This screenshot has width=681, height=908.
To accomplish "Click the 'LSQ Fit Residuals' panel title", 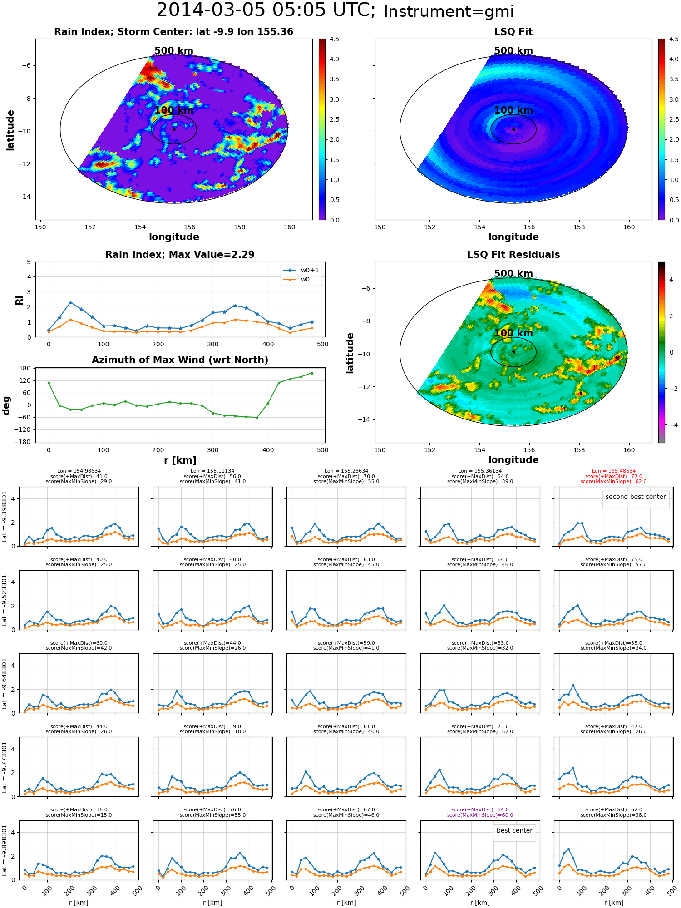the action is (x=513, y=255).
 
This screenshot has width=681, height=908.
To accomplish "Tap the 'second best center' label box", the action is (x=636, y=497).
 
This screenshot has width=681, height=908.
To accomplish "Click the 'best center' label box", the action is (x=514, y=830).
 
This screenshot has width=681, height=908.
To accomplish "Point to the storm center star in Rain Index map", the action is (x=174, y=129).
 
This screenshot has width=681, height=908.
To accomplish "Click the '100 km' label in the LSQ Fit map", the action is (x=513, y=110).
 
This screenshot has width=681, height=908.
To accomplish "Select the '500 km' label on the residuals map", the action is (x=513, y=274).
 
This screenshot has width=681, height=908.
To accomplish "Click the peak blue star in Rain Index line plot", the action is (x=70, y=302).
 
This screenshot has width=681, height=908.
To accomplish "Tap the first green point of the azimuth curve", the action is (x=49, y=383).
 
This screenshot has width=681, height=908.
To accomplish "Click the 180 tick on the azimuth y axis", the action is (x=25, y=368).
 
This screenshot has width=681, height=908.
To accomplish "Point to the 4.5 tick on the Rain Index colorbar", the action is (x=334, y=39).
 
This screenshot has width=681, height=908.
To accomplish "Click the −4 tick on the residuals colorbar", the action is (x=671, y=425).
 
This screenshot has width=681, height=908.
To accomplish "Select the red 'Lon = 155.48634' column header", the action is (x=613, y=471).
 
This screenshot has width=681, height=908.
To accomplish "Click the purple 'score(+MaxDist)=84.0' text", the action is (x=480, y=809).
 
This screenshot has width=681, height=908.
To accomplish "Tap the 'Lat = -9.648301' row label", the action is (x=5, y=683).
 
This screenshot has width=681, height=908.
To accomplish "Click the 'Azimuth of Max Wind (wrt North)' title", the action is (x=180, y=360).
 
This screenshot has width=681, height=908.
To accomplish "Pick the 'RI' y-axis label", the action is (x=19, y=300).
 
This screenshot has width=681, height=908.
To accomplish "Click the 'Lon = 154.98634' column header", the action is (x=79, y=471).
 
